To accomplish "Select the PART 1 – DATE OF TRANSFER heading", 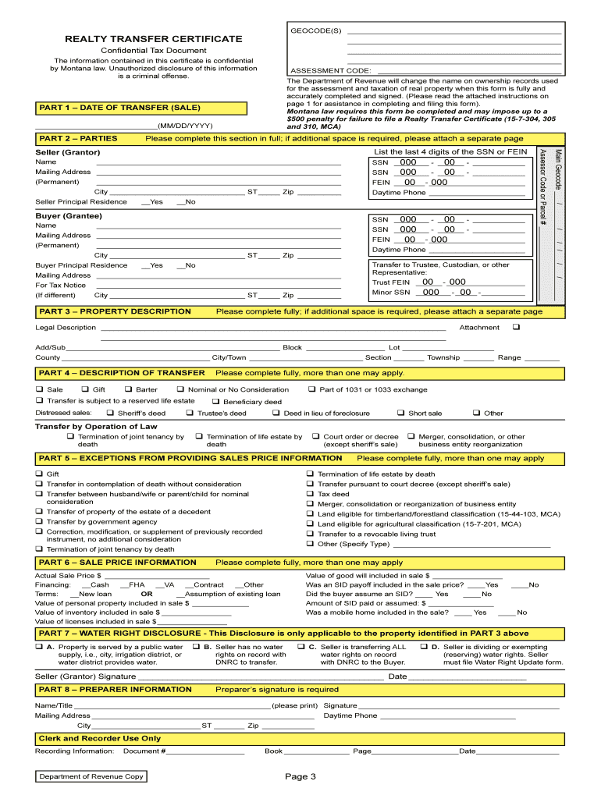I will click(x=119, y=107).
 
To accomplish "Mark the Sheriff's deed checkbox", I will click(x=110, y=413).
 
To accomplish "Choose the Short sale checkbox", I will click(x=400, y=413).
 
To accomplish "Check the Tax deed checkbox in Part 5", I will click(x=310, y=494).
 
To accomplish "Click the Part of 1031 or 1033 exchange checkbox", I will click(x=311, y=389).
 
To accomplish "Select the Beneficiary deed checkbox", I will click(x=215, y=401).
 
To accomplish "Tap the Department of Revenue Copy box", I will click(x=91, y=776).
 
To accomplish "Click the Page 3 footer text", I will click(x=300, y=776).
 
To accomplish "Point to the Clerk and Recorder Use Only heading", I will click(x=100, y=738).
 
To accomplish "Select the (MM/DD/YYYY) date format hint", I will click(x=184, y=126).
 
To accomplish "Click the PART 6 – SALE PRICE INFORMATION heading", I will click(x=118, y=563).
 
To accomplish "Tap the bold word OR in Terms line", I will click(x=147, y=594).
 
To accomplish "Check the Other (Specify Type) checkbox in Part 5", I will click(x=310, y=544).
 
